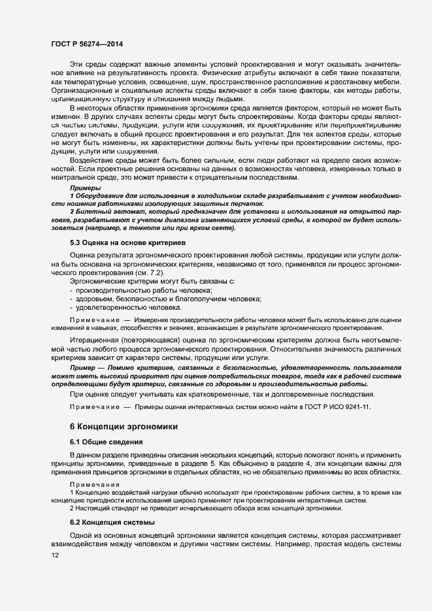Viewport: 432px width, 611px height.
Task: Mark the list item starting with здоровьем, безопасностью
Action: point(169,299)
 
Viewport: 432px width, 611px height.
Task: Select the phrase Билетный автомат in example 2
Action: point(104,212)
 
